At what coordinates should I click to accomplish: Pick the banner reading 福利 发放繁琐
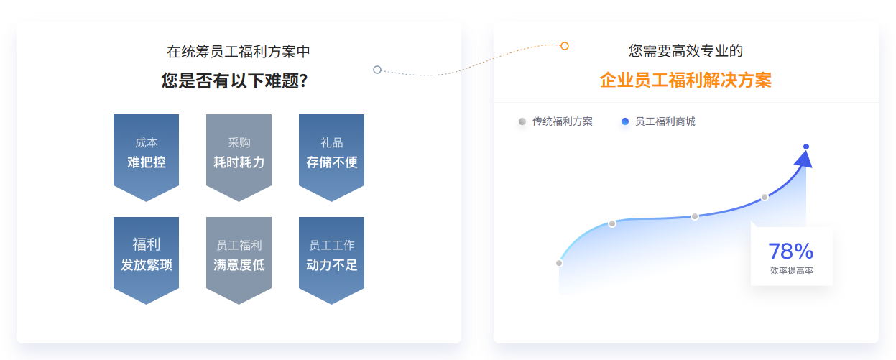(x=146, y=260)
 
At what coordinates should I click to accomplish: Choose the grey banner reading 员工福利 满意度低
(x=239, y=260)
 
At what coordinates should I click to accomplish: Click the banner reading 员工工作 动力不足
(x=332, y=260)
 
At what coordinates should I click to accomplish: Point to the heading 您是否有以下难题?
(x=235, y=80)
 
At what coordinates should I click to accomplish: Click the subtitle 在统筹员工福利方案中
(x=239, y=52)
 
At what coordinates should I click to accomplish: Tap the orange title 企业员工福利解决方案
(x=685, y=80)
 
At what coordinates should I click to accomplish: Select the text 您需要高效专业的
(x=685, y=51)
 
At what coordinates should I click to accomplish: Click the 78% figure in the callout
(x=791, y=251)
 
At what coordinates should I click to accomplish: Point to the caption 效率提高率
(x=792, y=271)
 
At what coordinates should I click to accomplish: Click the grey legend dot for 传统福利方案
(x=522, y=121)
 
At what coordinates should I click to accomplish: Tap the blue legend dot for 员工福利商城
(x=625, y=121)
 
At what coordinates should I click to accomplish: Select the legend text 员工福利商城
(x=665, y=121)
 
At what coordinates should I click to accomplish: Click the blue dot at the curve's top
(x=806, y=147)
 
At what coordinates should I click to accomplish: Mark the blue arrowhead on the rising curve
(x=804, y=160)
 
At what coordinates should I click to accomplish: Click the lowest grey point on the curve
(x=559, y=263)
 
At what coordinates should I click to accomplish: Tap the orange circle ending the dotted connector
(x=564, y=46)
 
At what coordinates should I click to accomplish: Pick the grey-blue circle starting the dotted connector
(x=377, y=70)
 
